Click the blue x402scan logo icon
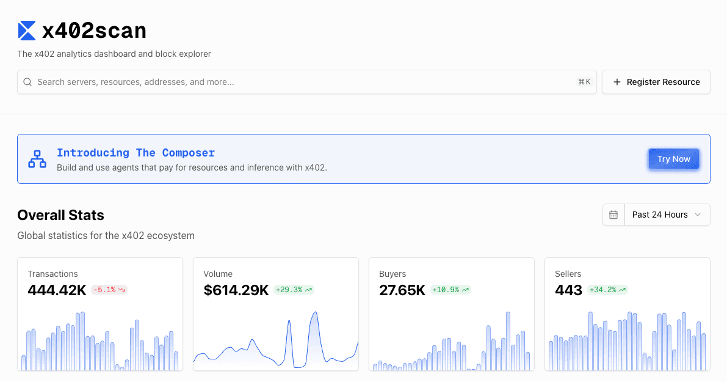(x=27, y=31)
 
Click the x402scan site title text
(x=94, y=31)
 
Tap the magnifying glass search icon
(x=27, y=82)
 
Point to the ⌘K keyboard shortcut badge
(x=584, y=82)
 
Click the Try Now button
(x=673, y=159)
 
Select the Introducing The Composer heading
(x=136, y=153)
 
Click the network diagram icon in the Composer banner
(x=37, y=159)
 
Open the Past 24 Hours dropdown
(x=667, y=215)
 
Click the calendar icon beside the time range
(x=613, y=215)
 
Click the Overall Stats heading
(x=60, y=215)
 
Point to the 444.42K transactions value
(x=57, y=290)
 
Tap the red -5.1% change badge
(x=109, y=290)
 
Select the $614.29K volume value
(x=236, y=290)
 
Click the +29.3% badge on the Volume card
(x=294, y=290)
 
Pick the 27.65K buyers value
(x=402, y=290)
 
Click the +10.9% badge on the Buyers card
(x=450, y=290)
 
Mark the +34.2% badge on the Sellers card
(x=607, y=290)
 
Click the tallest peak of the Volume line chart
(x=315, y=313)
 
